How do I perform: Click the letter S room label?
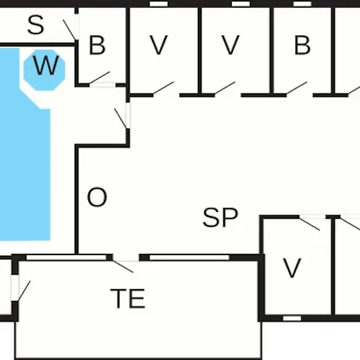(x=36, y=25)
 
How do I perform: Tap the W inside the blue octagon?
(x=46, y=66)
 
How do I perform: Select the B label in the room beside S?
(x=97, y=45)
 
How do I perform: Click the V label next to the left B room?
(x=158, y=45)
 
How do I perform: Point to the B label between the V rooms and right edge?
(x=302, y=45)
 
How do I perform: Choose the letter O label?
(x=97, y=198)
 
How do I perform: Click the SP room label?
(x=220, y=218)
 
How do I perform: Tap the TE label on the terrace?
(x=128, y=298)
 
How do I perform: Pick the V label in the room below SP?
(x=292, y=268)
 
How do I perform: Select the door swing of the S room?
(x=70, y=30)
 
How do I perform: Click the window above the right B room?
(x=302, y=4)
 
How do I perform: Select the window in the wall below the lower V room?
(x=292, y=318)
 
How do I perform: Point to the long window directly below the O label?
(x=66, y=258)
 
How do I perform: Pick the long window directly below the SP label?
(x=190, y=258)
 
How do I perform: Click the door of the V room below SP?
(x=310, y=224)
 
